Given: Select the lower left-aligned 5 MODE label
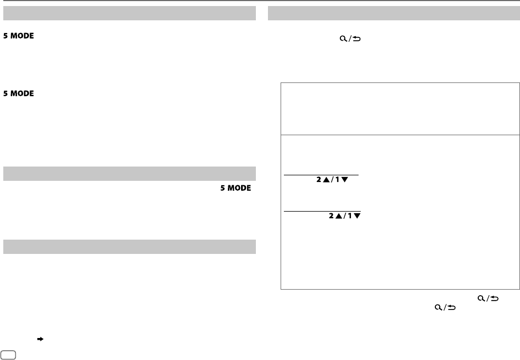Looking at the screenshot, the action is [x=19, y=94].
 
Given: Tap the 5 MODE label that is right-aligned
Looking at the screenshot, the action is [x=236, y=188].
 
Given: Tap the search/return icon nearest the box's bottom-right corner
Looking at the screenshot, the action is [x=488, y=298].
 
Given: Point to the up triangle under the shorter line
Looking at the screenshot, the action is [x=327, y=179].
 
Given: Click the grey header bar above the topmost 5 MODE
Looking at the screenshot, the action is [x=130, y=13].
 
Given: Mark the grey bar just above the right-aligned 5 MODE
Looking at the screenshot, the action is [x=130, y=173].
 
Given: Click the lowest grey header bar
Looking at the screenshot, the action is [x=130, y=247].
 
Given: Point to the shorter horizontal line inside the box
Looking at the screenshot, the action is [x=321, y=174].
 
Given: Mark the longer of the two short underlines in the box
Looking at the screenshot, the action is [x=322, y=211].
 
